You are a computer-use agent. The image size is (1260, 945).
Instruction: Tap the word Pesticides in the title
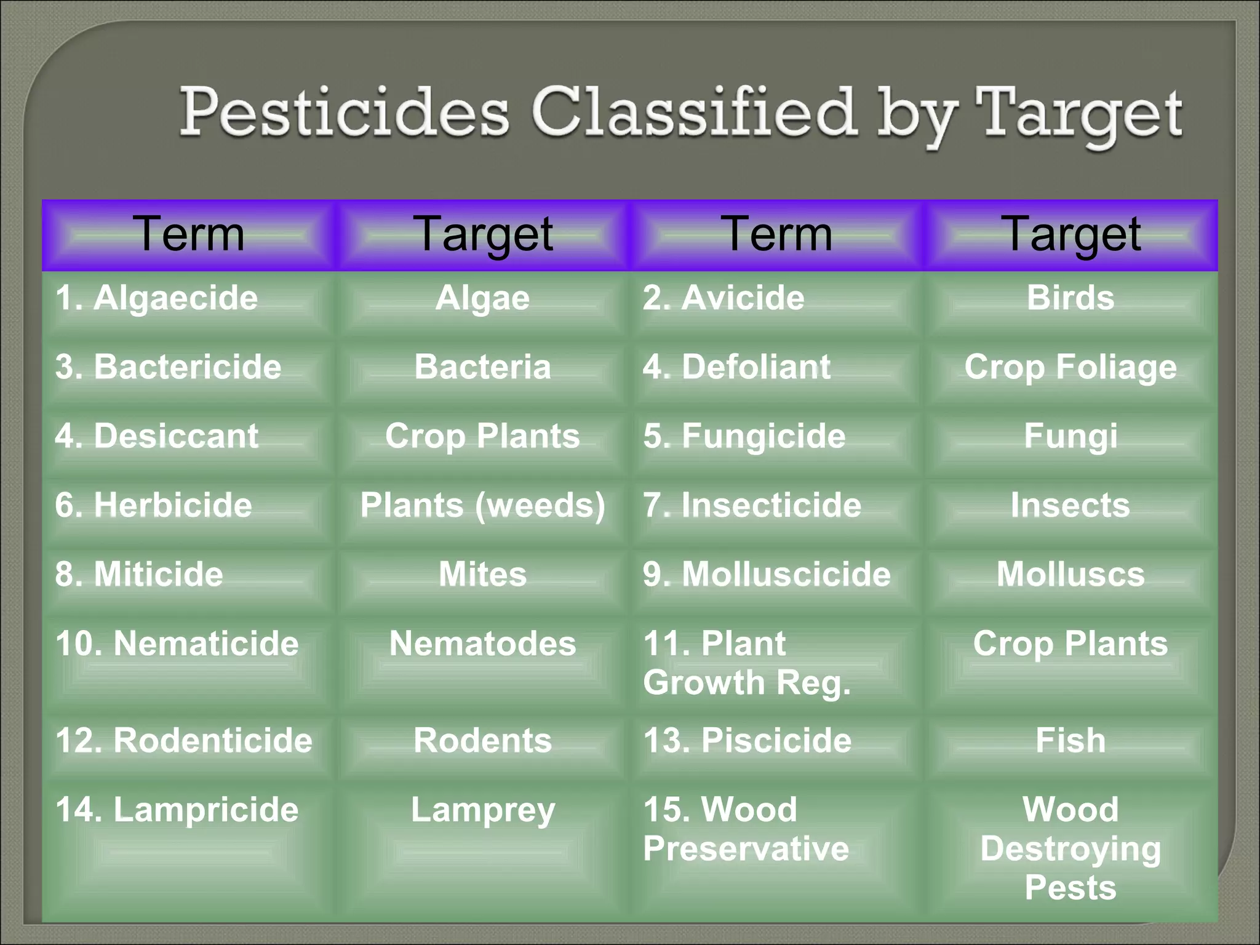tap(345, 112)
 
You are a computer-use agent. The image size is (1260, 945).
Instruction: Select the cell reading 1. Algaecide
tap(157, 298)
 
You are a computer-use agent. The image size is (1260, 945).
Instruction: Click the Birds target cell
tap(1071, 298)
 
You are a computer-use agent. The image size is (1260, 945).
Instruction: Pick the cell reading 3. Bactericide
tap(168, 367)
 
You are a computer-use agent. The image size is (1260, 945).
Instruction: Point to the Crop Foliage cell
tap(1071, 367)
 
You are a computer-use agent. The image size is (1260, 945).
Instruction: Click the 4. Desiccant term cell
tap(157, 436)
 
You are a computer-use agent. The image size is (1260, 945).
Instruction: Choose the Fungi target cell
tap(1071, 436)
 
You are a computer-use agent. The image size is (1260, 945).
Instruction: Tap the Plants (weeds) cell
tap(483, 506)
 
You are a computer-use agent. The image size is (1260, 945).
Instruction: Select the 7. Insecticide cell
tap(752, 506)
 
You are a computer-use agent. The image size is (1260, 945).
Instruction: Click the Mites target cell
tap(483, 575)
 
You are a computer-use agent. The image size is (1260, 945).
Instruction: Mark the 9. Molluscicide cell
tap(767, 575)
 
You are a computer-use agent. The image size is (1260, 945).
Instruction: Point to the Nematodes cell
tap(483, 644)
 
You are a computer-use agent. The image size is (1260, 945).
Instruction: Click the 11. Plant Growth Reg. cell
tap(747, 663)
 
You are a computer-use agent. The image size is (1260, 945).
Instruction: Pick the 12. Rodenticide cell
tap(184, 740)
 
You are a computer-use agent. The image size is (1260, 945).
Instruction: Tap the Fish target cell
tap(1071, 740)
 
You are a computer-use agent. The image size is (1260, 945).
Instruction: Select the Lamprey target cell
tap(483, 810)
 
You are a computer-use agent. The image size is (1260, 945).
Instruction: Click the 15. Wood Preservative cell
tap(746, 829)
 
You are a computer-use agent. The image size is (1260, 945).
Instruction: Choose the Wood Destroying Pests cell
tap(1071, 848)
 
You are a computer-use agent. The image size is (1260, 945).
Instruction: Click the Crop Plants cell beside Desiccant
tap(483, 436)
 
